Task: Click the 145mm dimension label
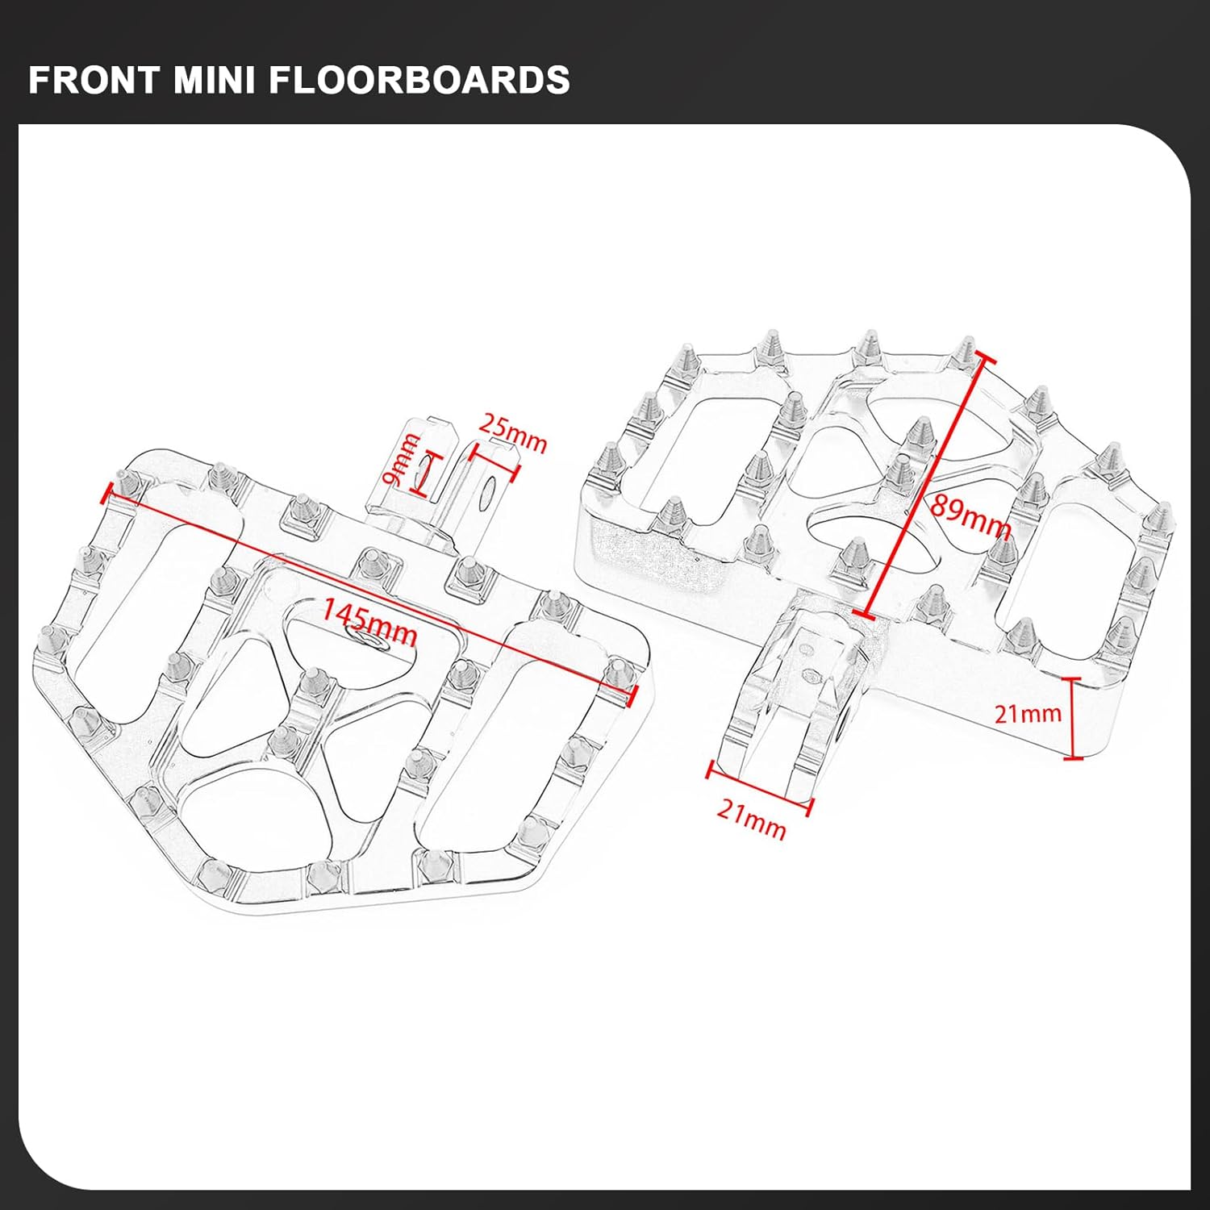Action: click(x=370, y=622)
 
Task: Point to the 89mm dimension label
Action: click(x=970, y=516)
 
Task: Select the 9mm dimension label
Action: click(x=401, y=460)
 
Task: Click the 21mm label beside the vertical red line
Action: click(x=1027, y=713)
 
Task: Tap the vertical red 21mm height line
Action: click(x=1072, y=718)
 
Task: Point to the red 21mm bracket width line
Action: click(x=759, y=787)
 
